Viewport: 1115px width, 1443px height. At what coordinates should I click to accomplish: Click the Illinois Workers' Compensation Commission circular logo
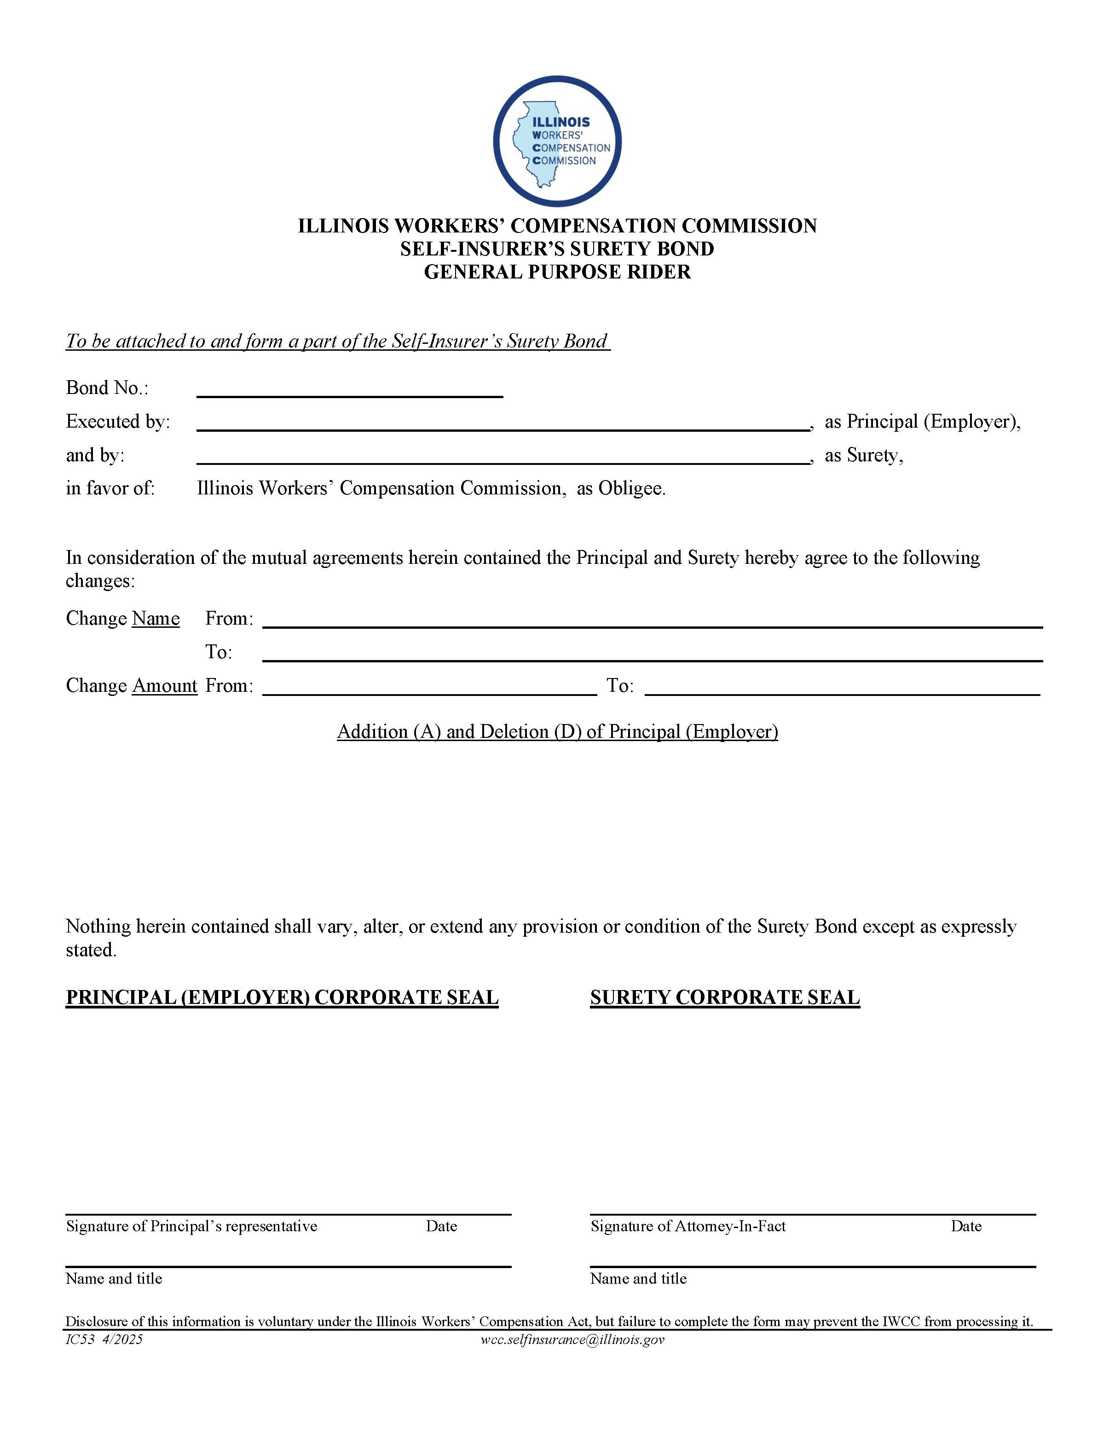(x=557, y=141)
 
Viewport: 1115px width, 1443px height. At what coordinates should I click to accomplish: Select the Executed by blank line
(x=503, y=423)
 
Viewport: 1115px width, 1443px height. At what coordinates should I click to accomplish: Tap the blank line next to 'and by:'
(x=503, y=457)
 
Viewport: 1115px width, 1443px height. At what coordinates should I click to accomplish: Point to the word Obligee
(x=631, y=488)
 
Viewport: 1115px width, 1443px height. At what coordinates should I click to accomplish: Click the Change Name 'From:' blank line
(x=652, y=620)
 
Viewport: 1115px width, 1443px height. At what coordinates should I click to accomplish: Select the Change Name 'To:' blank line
(x=652, y=654)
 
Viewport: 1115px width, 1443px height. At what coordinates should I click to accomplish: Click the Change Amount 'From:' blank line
(x=429, y=687)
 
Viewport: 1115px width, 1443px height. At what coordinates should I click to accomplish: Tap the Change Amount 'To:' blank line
(x=842, y=687)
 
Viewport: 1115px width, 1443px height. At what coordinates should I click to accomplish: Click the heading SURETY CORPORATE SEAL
(x=725, y=997)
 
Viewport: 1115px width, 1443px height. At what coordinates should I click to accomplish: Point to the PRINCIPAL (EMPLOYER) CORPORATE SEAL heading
(x=282, y=997)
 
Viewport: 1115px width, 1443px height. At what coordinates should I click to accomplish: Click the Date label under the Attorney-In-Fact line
(x=966, y=1226)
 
